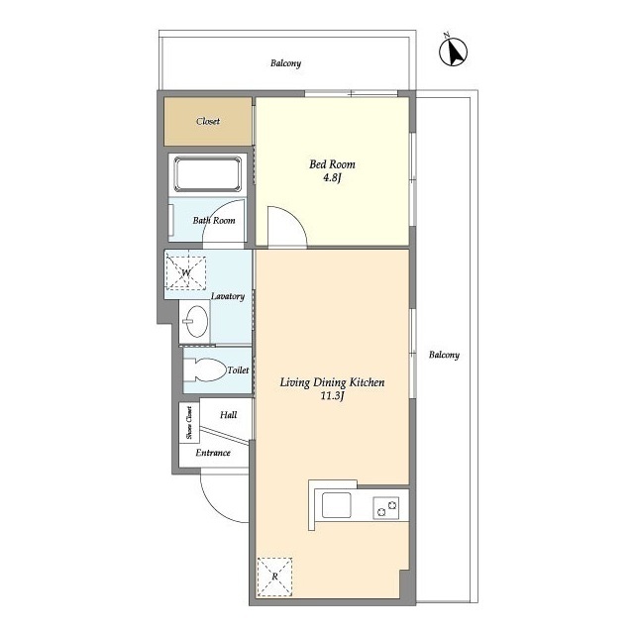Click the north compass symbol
[453, 51]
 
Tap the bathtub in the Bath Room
[207, 174]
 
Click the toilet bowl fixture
[204, 370]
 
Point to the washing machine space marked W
[185, 273]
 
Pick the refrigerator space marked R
[274, 577]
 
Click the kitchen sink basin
[336, 505]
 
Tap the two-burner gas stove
[385, 508]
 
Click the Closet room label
[208, 121]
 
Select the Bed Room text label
[332, 164]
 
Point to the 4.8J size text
[333, 178]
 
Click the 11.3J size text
[332, 396]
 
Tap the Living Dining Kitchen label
[332, 382]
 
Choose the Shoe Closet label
[189, 423]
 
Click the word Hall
[229, 415]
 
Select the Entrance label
[213, 453]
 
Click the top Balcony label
[286, 63]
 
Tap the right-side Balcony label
[444, 355]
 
